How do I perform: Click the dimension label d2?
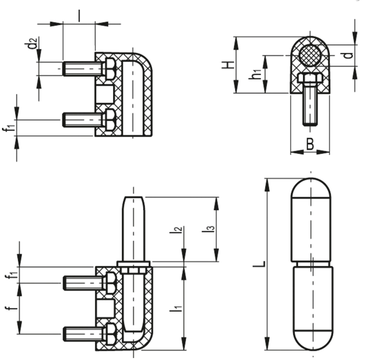32,43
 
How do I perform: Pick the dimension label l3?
208,229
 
